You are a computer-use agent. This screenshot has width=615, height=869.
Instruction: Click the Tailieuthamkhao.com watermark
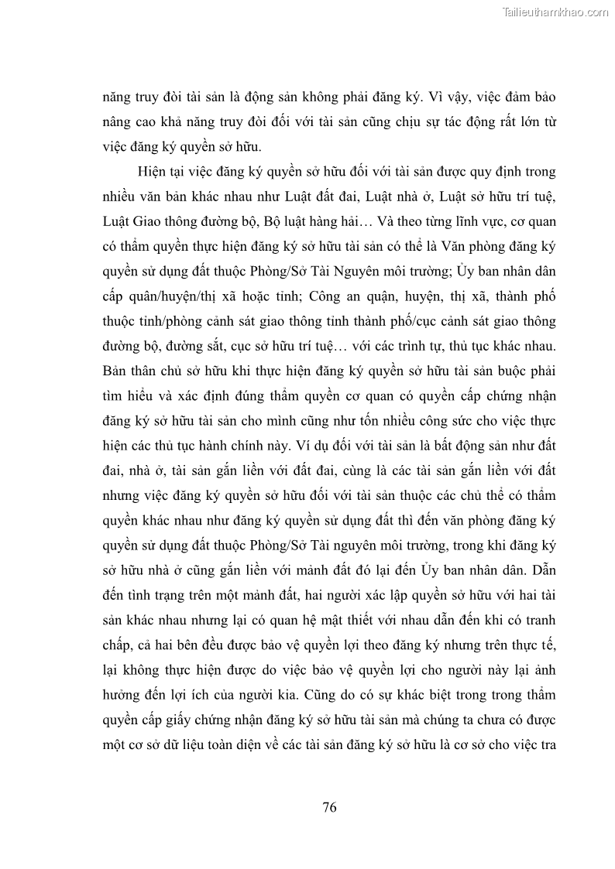(x=555, y=12)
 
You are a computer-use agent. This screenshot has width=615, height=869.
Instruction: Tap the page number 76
(x=329, y=807)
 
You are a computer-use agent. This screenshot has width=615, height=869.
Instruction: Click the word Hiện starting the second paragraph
(x=152, y=170)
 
